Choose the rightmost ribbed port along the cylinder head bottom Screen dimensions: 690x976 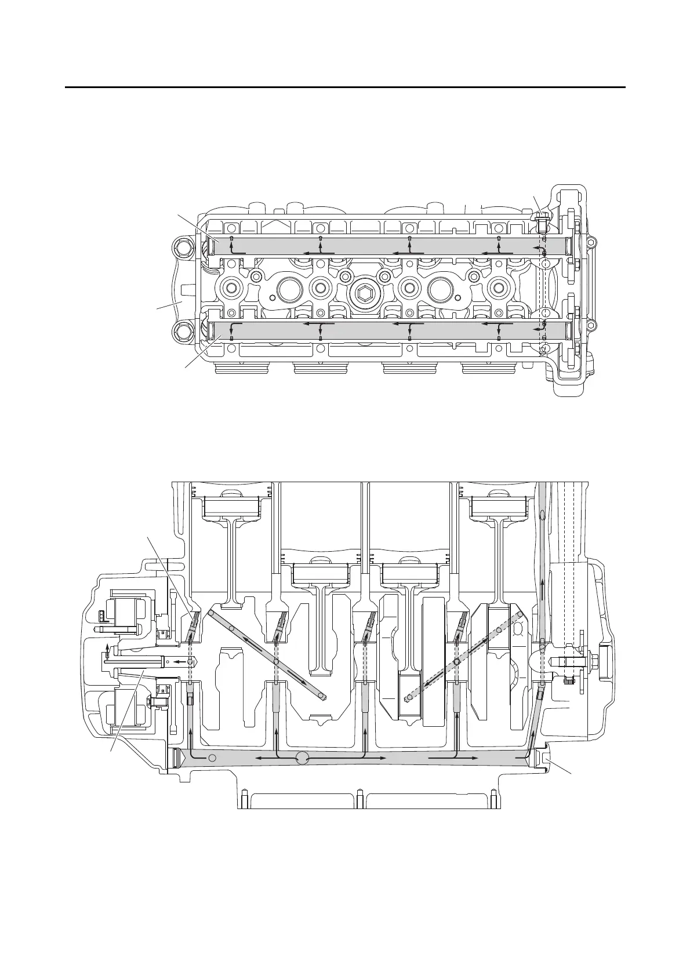[488, 369]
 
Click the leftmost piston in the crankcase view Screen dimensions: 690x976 [230, 507]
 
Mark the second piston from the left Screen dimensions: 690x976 [320, 574]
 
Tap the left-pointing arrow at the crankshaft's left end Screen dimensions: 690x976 [181, 660]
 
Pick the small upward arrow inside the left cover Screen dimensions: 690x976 [106, 647]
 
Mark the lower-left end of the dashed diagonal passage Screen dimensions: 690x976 [407, 698]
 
